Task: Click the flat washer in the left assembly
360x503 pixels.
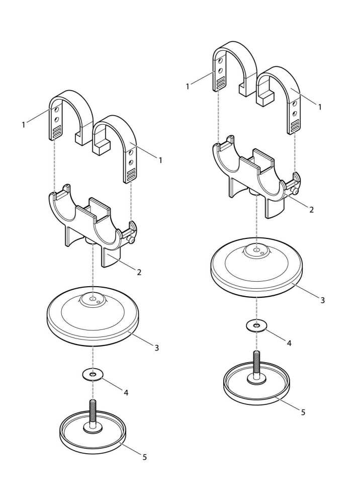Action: pos(93,375)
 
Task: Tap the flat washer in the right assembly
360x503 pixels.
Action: pos(256,326)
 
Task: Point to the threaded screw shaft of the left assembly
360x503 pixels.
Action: pos(93,412)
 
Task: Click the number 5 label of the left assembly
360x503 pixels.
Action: pos(145,457)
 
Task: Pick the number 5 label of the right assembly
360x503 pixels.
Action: pos(303,412)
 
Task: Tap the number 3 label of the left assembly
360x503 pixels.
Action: pos(156,348)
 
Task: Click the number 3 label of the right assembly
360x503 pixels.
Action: pos(322,300)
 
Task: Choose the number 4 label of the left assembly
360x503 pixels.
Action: pos(126,392)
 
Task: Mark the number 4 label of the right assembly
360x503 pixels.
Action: pos(289,343)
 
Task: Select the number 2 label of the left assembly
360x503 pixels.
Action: pos(139,272)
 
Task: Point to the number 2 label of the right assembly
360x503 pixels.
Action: pos(311,210)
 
